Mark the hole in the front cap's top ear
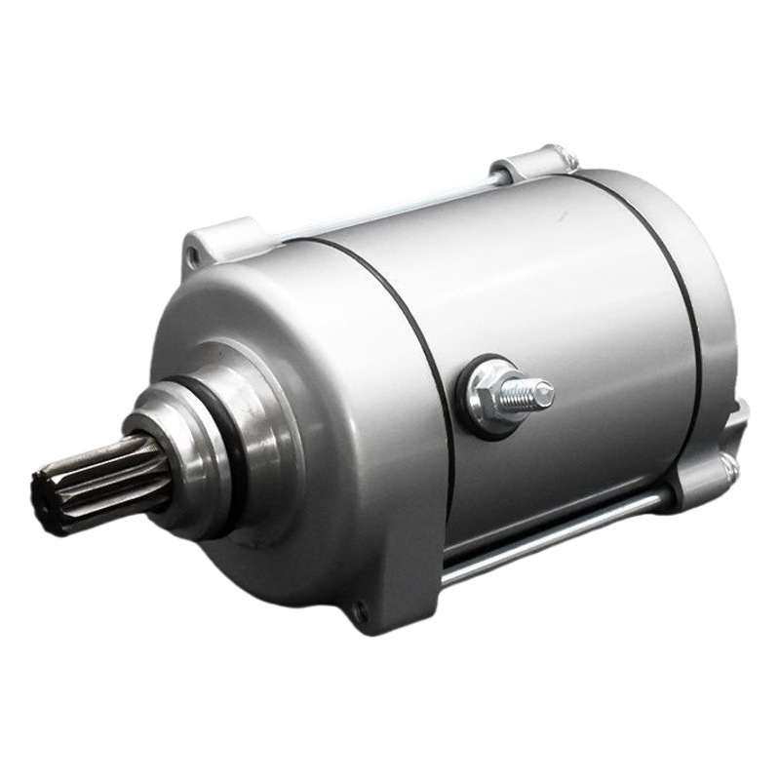point(195,256)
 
